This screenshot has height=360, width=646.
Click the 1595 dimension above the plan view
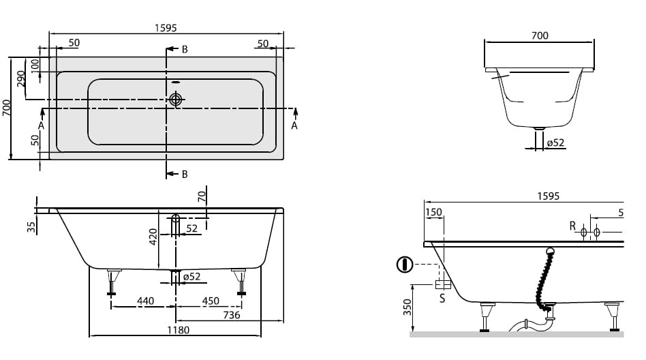[166, 28]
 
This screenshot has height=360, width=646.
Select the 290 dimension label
[20, 78]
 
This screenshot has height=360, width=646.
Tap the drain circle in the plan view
[176, 99]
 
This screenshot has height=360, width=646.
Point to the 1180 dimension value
[178, 330]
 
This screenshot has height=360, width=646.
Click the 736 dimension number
[232, 315]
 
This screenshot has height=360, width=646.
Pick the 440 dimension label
[145, 301]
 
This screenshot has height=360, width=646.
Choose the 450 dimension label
[211, 301]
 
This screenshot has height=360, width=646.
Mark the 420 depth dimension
[153, 237]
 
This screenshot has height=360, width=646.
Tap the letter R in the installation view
[572, 226]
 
